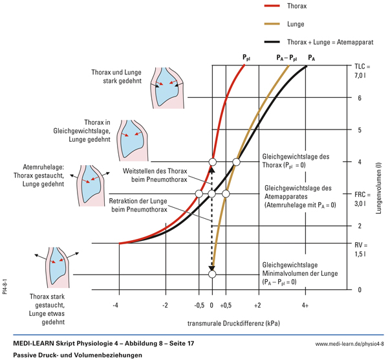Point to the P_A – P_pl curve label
[286, 58]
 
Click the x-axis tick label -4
[117, 304]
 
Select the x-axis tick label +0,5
[226, 304]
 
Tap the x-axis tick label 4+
[305, 304]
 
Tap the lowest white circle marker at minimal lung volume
[212, 275]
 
